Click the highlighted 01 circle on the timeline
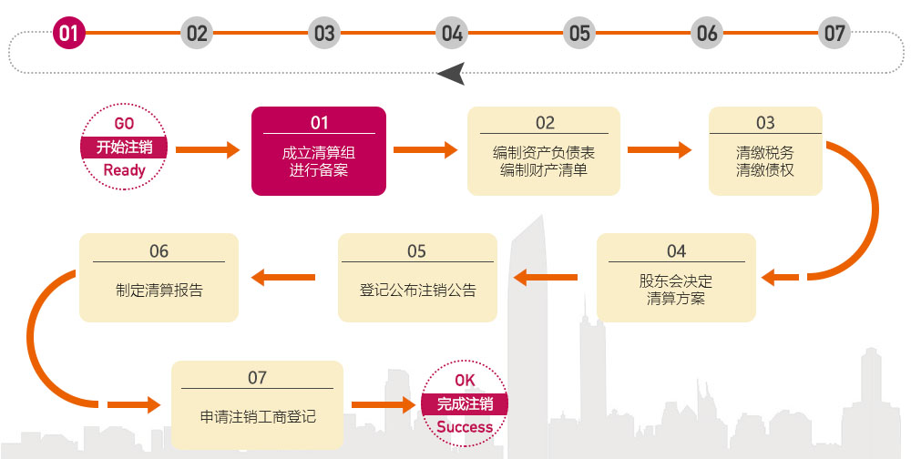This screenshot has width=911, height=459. tap(69, 34)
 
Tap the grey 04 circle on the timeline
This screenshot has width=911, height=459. tap(452, 34)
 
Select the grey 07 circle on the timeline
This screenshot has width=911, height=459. tap(834, 34)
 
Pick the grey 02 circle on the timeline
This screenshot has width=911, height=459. tap(197, 34)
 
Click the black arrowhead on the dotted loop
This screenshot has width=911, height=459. tap(452, 74)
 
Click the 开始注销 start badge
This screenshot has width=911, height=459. tap(125, 148)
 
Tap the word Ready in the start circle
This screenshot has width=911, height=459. tap(125, 170)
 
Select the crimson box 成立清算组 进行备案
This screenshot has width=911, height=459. tap(319, 151)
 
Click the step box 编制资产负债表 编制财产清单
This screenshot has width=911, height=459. tap(544, 151)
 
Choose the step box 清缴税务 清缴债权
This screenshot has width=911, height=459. tap(765, 151)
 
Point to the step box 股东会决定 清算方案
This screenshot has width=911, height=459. tap(676, 277)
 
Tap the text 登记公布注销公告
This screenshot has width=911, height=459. tap(417, 291)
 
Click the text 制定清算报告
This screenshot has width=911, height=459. tap(159, 291)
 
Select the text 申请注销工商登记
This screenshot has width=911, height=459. tap(258, 417)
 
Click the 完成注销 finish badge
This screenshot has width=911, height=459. tap(465, 404)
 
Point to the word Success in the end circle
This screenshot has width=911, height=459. tap(465, 427)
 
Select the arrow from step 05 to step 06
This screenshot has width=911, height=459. tap(283, 277)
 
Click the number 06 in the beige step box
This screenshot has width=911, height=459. tap(159, 251)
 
